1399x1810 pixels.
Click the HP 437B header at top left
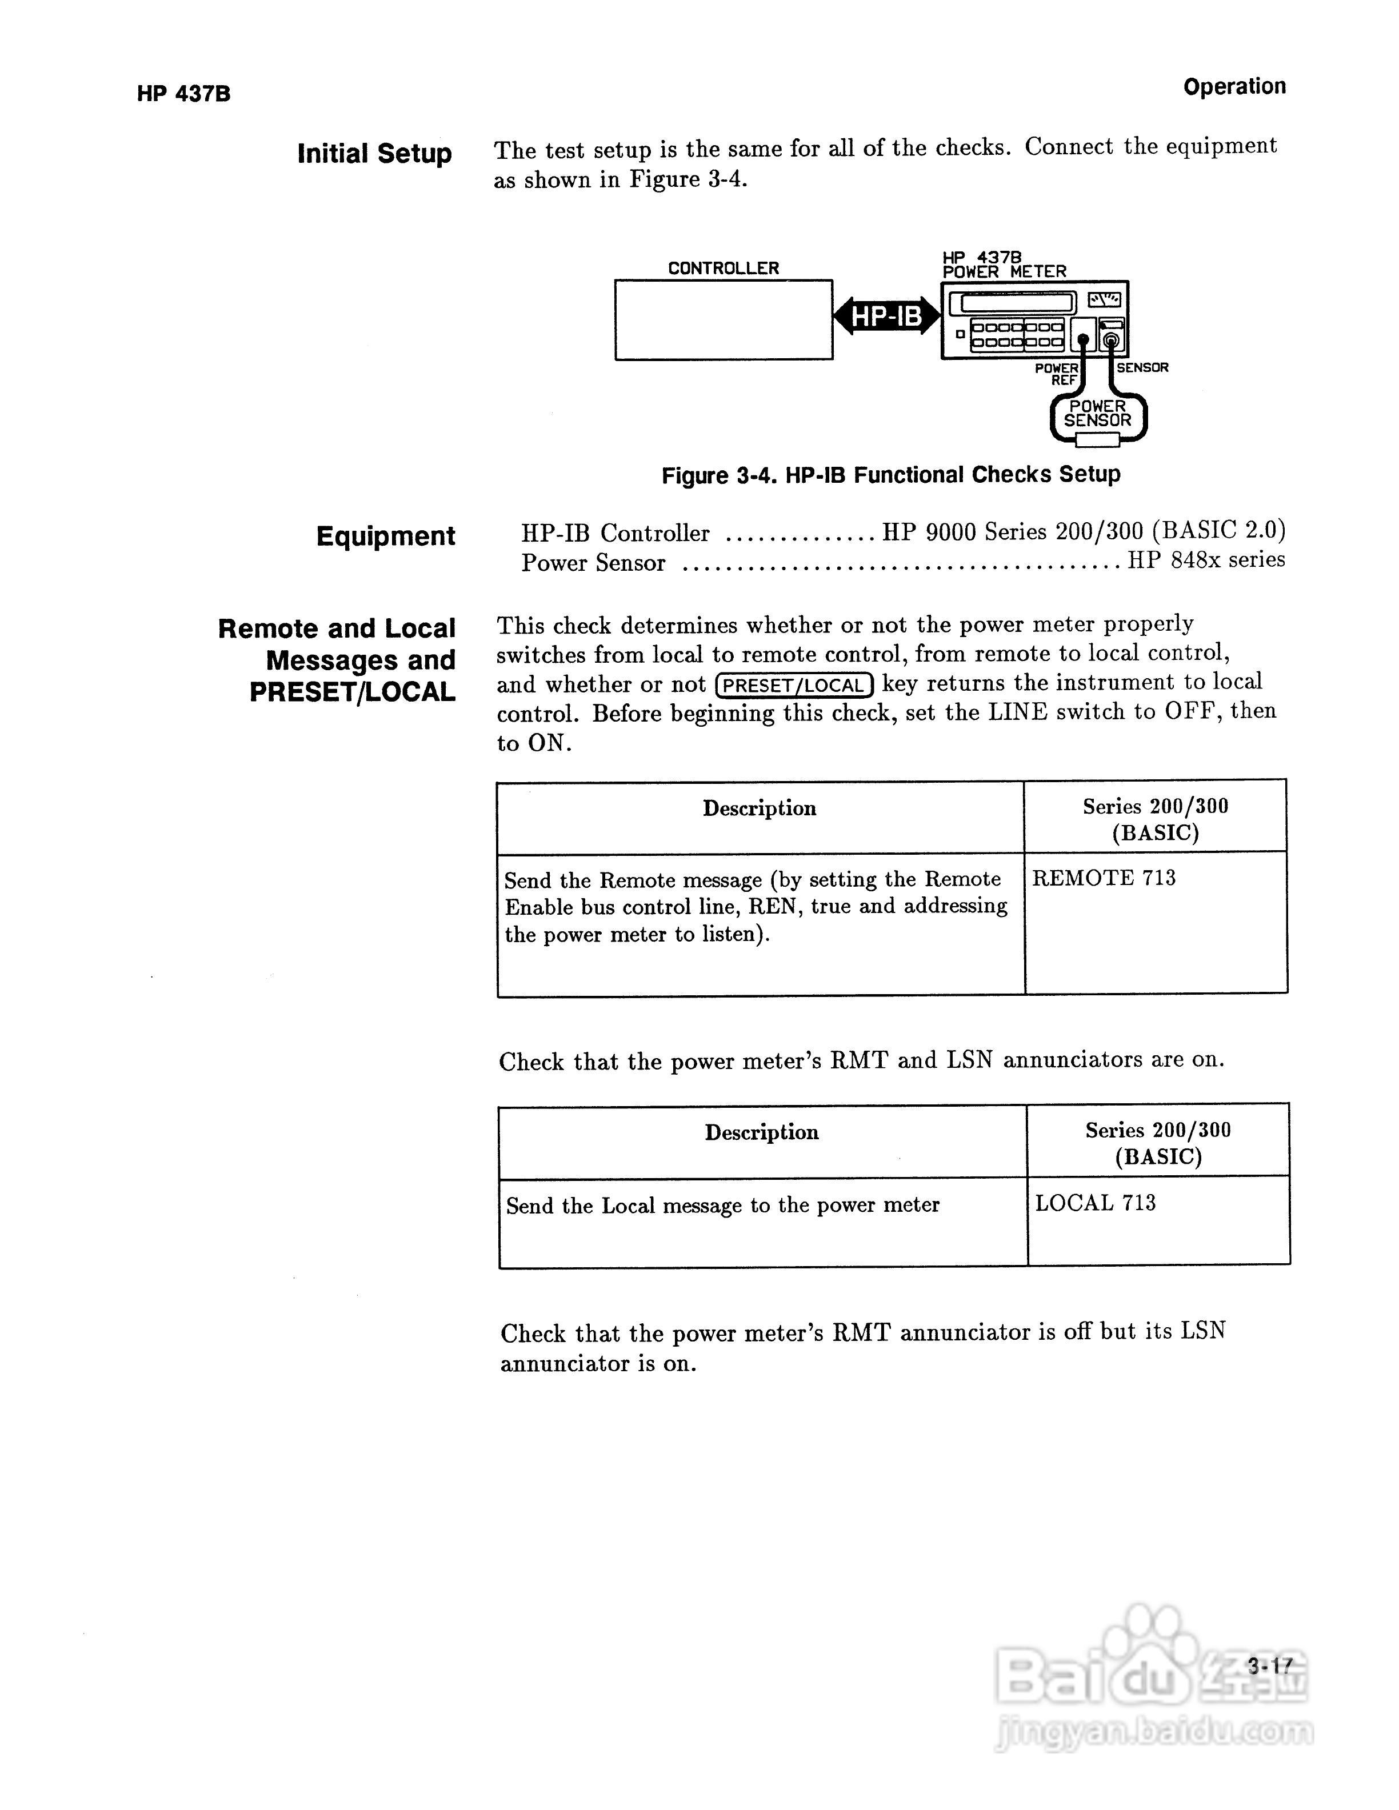click(183, 94)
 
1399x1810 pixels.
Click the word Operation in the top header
click(1233, 86)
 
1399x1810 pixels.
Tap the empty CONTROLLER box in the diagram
click(723, 320)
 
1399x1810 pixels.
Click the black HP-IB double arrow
click(886, 316)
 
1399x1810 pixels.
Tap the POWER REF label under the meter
click(1058, 374)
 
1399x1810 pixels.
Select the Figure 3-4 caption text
click(890, 475)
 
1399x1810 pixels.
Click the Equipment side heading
click(385, 536)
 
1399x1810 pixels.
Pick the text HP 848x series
click(1206, 560)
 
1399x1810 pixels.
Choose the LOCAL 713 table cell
click(1095, 1203)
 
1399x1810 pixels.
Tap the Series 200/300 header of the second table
click(1158, 1143)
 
